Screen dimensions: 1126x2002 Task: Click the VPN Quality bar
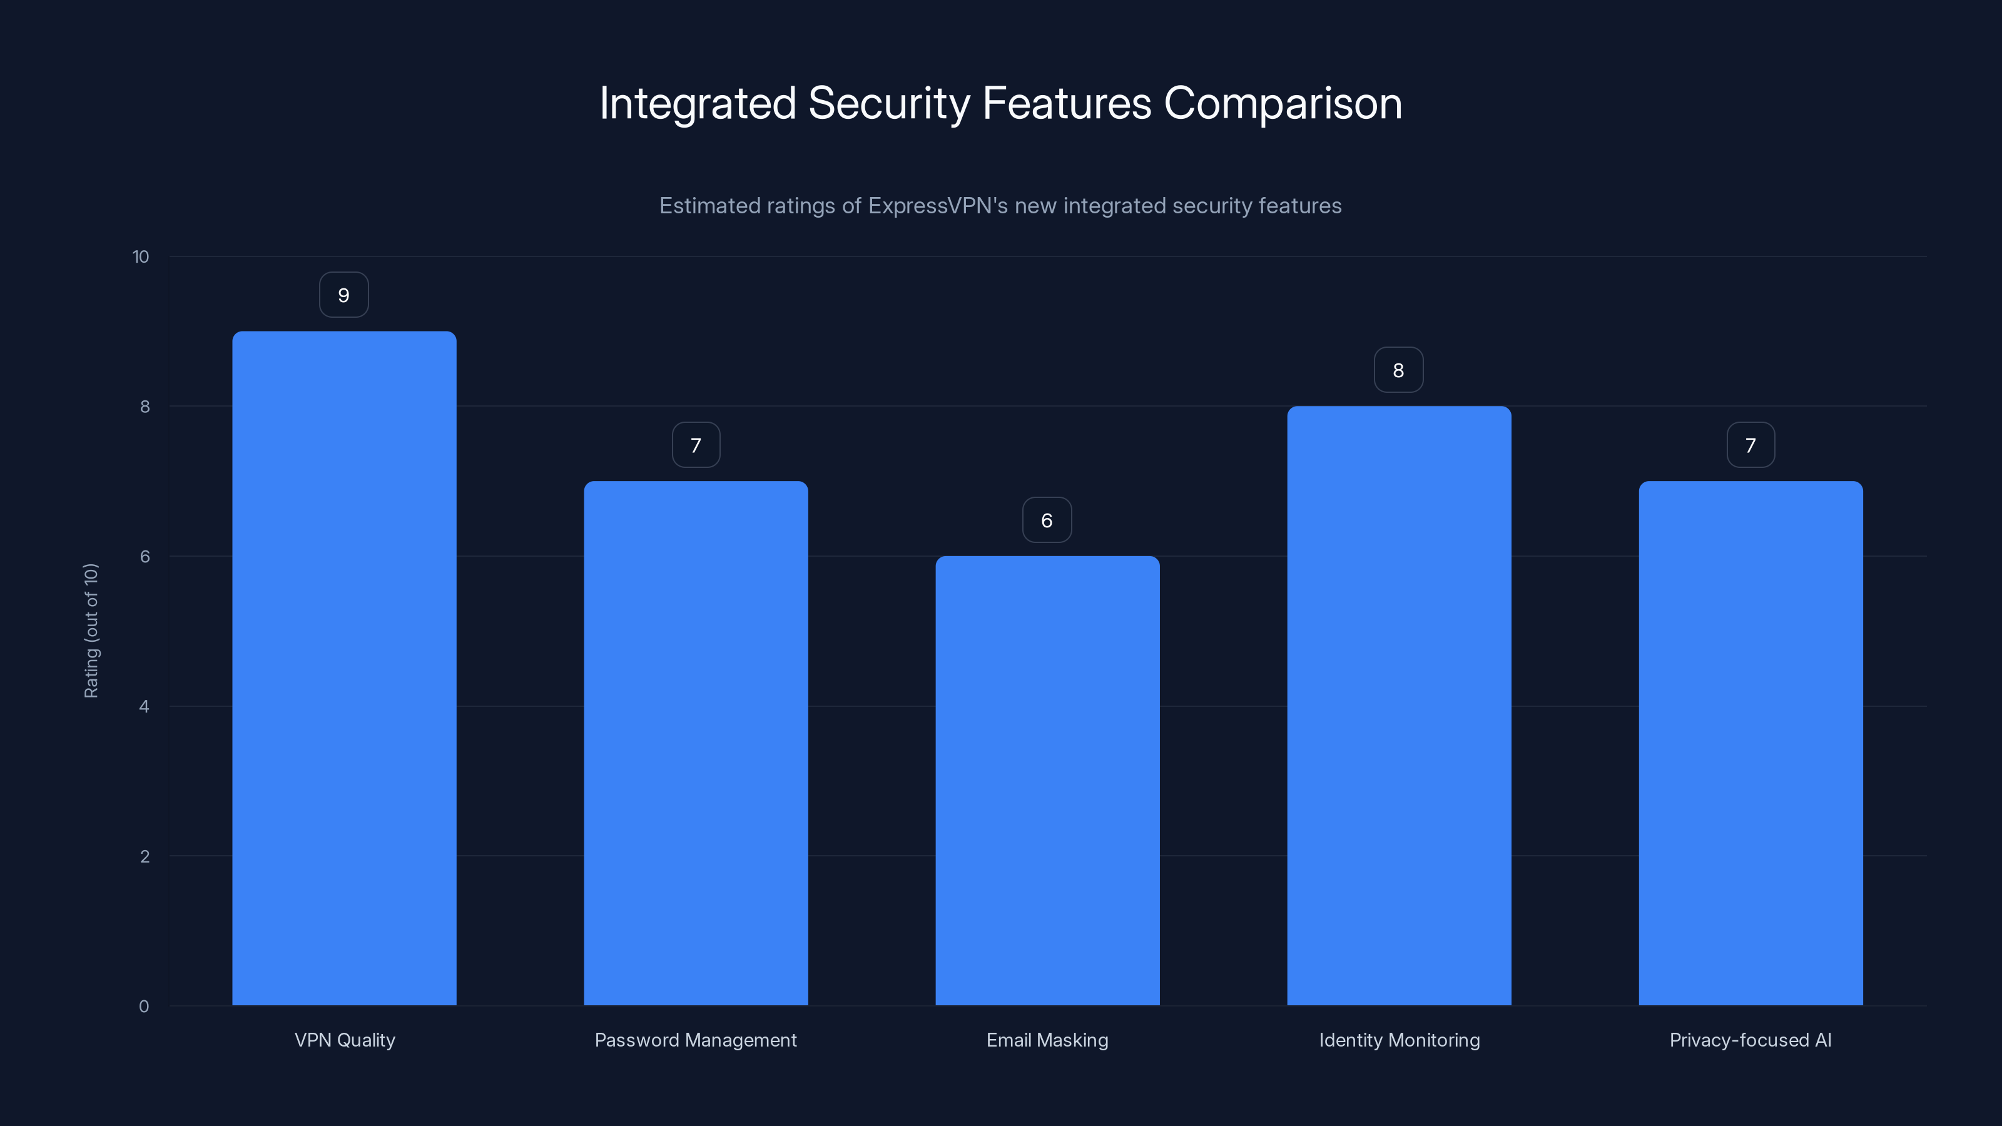tap(344, 668)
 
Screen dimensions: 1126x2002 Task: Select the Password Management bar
tap(696, 743)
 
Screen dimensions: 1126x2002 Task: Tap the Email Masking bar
tap(1047, 780)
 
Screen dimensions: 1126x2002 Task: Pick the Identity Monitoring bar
tap(1399, 706)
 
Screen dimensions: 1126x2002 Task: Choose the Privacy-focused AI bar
tap(1750, 743)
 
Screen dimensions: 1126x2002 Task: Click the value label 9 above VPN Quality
tap(343, 295)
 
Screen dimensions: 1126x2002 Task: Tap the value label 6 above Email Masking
tap(1047, 520)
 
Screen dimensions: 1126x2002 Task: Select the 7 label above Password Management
tap(696, 445)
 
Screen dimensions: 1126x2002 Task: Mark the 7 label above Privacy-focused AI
tap(1750, 445)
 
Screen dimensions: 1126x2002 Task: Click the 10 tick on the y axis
tap(141, 256)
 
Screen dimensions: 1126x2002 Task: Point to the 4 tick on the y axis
tap(144, 706)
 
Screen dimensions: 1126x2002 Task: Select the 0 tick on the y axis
tap(144, 1007)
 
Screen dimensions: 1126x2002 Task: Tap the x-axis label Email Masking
tap(1047, 1040)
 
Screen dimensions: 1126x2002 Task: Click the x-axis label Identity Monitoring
tap(1399, 1040)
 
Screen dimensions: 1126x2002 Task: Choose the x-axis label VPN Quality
tap(344, 1040)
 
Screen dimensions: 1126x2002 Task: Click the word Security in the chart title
tap(889, 103)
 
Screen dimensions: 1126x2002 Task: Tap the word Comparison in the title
tap(1283, 103)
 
